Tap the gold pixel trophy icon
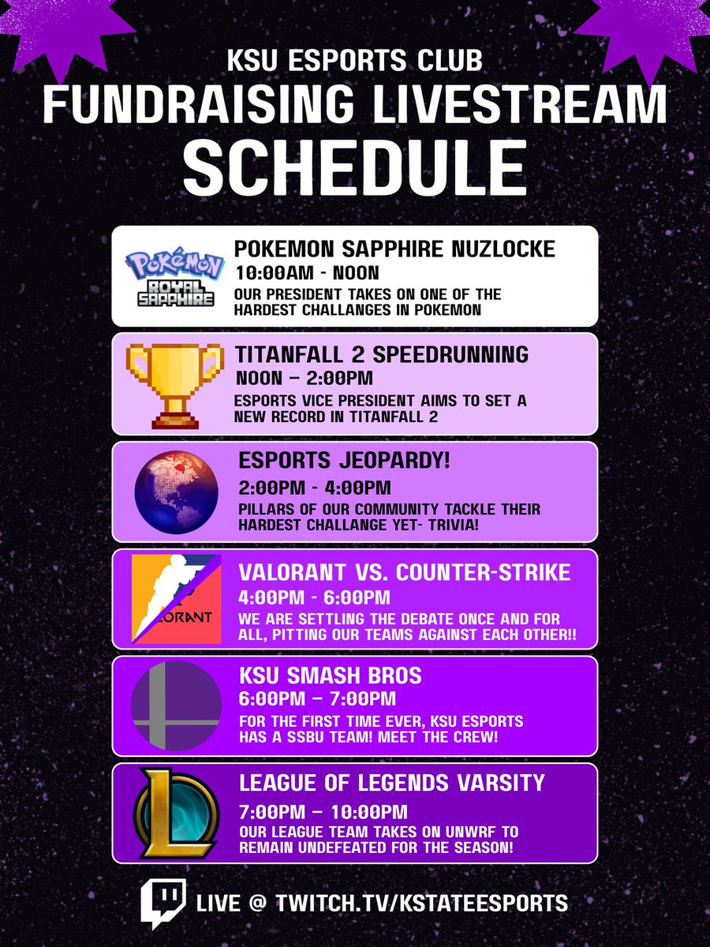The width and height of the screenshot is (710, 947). point(172,382)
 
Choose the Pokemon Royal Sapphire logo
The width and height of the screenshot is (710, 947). point(172,277)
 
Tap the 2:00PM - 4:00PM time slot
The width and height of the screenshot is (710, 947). point(313,488)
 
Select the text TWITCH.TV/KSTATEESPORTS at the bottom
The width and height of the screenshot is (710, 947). point(420,903)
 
